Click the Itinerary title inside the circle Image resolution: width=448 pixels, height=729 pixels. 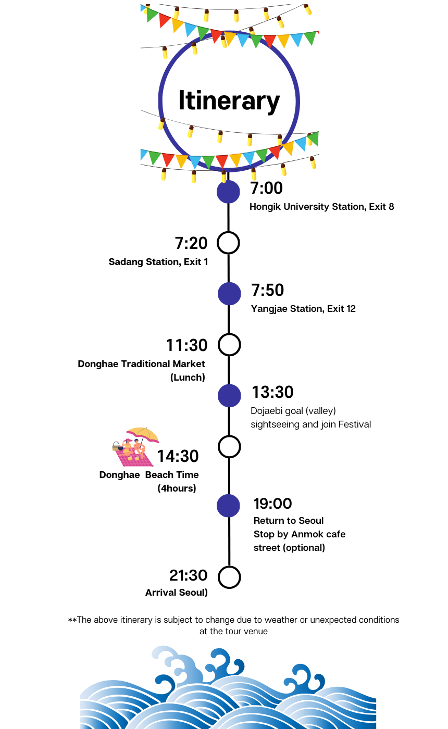pyautogui.click(x=229, y=100)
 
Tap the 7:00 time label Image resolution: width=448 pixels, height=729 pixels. pyautogui.click(x=266, y=188)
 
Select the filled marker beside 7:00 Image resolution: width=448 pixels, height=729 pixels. pyautogui.click(x=228, y=192)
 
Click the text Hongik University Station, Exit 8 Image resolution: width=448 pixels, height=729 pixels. pyautogui.click(x=321, y=207)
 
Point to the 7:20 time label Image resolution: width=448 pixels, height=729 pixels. pyautogui.click(x=191, y=243)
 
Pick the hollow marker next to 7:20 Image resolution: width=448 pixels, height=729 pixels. pyautogui.click(x=228, y=243)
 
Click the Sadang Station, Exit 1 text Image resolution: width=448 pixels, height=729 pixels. pyautogui.click(x=158, y=262)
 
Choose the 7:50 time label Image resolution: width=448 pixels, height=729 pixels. pyautogui.click(x=268, y=291)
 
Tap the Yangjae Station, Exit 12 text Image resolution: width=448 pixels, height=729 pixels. pyautogui.click(x=303, y=309)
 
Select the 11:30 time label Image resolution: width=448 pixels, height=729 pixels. pyautogui.click(x=186, y=345)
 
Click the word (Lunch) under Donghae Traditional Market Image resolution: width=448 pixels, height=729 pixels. pyautogui.click(x=188, y=378)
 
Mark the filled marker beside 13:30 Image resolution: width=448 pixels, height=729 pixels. pyautogui.click(x=229, y=396)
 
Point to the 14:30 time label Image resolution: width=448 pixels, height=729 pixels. pyautogui.click(x=178, y=457)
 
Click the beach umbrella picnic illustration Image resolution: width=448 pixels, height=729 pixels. pyautogui.click(x=134, y=447)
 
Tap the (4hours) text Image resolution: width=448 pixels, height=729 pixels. pyautogui.click(x=177, y=488)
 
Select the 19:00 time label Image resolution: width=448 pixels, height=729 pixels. pyautogui.click(x=272, y=504)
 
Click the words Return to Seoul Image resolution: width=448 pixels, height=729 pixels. pyautogui.click(x=289, y=521)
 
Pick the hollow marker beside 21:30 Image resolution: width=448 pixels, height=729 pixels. pyautogui.click(x=229, y=577)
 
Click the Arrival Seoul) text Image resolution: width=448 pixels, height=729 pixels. pyautogui.click(x=176, y=593)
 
